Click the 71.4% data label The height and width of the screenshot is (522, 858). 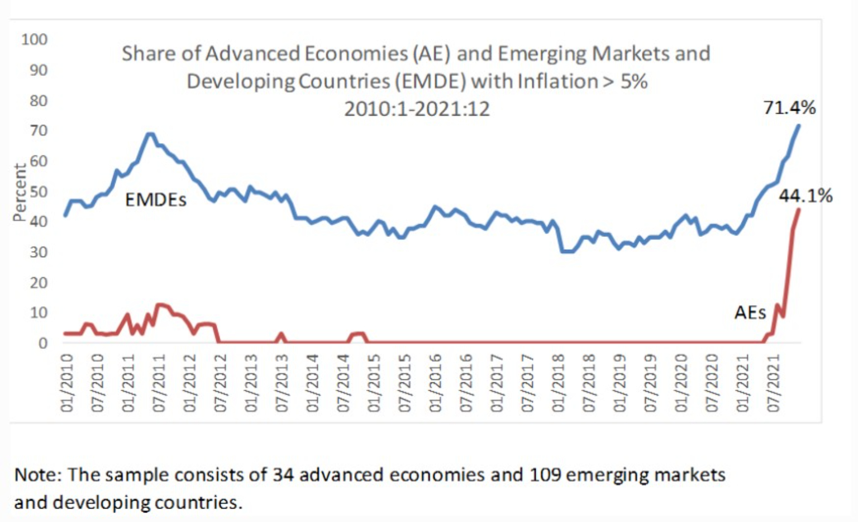[x=789, y=107]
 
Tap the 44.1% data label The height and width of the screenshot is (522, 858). [x=805, y=196]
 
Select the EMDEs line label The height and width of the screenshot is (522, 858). [x=155, y=200]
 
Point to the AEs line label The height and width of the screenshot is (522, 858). [x=750, y=312]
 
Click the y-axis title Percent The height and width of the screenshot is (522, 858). [x=20, y=192]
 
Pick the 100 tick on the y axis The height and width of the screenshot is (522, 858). [x=35, y=40]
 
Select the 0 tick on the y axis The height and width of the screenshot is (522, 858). [x=42, y=343]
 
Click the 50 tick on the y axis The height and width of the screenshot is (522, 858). [x=39, y=192]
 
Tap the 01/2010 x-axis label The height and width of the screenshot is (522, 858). [x=67, y=383]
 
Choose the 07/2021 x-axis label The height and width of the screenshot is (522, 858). [x=773, y=383]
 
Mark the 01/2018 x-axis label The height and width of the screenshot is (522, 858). [x=558, y=383]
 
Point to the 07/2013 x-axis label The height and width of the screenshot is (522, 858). [x=282, y=383]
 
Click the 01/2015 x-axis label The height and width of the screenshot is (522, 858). [x=374, y=383]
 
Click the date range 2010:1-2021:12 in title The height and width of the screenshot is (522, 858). [x=417, y=108]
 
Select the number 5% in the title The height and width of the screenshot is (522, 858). [x=633, y=82]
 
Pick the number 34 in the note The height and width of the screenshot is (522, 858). [x=283, y=475]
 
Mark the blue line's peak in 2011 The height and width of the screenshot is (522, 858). [x=150, y=134]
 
